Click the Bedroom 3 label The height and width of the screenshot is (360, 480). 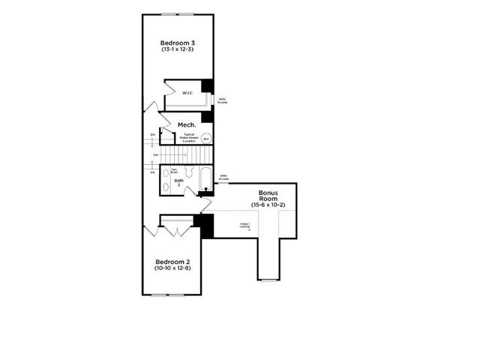click(x=177, y=42)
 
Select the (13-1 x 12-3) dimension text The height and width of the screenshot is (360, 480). click(x=177, y=49)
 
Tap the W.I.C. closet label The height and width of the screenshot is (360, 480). click(x=187, y=93)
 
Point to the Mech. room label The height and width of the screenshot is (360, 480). click(x=187, y=124)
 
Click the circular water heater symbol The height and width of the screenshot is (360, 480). click(x=205, y=138)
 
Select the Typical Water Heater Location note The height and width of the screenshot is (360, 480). click(x=188, y=137)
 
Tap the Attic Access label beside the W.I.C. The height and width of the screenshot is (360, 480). click(x=223, y=100)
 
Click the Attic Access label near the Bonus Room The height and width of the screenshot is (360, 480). click(x=223, y=178)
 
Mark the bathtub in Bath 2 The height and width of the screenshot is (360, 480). click(x=206, y=178)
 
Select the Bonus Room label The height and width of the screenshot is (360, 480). click(x=268, y=196)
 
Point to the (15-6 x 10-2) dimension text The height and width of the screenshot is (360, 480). click(x=268, y=205)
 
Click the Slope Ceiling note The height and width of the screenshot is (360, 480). click(x=244, y=225)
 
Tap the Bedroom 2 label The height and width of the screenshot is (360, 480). click(x=172, y=261)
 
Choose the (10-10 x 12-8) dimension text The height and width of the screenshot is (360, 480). click(x=172, y=268)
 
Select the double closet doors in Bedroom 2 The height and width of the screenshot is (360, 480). click(x=178, y=229)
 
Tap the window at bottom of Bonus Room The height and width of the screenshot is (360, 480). click(x=268, y=280)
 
